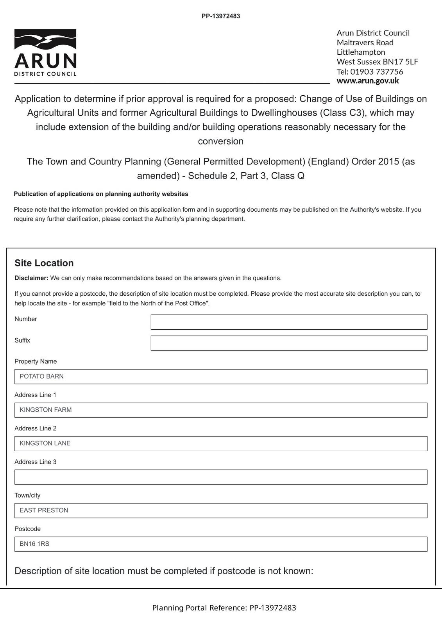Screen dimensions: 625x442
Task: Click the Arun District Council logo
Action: point(45,53)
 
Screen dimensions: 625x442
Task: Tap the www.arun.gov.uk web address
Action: point(367,81)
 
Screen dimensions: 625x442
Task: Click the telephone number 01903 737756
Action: point(376,71)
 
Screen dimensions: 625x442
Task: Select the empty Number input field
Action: point(289,322)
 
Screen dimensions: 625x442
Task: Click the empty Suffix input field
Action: point(289,343)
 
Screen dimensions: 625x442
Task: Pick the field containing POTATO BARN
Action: point(221,377)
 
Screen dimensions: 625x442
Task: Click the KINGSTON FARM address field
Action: point(221,410)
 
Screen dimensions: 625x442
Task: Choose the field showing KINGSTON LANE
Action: point(221,443)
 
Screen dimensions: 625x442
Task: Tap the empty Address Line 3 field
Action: point(221,477)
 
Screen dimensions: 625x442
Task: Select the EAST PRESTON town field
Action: point(221,511)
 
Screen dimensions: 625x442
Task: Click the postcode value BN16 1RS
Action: point(34,544)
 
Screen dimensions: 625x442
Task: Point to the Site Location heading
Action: point(44,263)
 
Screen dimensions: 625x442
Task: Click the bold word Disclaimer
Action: point(31,278)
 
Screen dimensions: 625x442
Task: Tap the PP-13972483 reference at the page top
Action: point(221,16)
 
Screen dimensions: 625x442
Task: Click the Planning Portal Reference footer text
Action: point(224,608)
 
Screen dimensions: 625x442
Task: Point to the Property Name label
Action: point(36,361)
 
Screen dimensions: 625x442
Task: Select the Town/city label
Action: point(27,495)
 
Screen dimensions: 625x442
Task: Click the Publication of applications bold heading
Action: point(101,194)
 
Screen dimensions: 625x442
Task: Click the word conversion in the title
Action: point(221,141)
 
